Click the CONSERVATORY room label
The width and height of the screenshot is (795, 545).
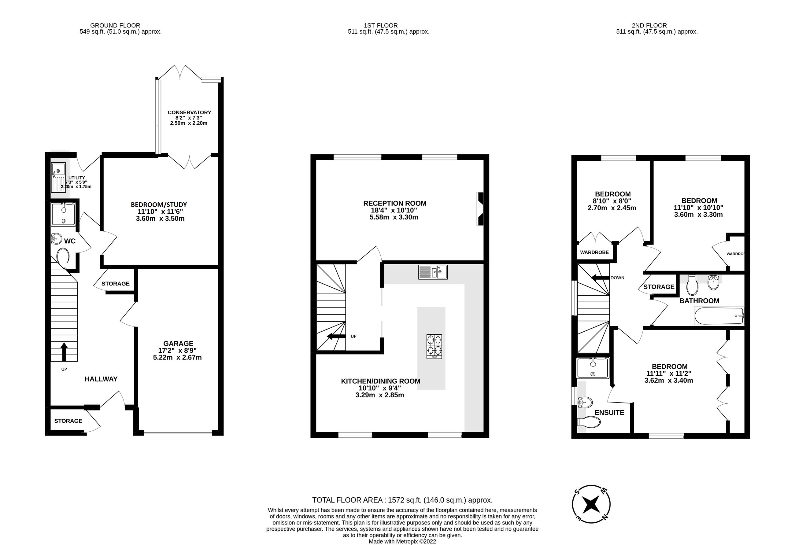tap(189, 112)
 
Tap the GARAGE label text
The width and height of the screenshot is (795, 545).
tap(178, 343)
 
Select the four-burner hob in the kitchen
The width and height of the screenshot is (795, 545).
tap(434, 346)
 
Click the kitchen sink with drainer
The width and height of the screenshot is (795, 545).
tap(433, 272)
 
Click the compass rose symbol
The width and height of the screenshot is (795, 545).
tap(591, 504)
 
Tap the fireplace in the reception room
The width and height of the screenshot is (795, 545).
tap(481, 208)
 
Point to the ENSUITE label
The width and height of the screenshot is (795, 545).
tap(609, 413)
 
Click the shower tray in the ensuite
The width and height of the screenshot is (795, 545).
tap(593, 368)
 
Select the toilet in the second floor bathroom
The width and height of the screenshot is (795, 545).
tap(692, 285)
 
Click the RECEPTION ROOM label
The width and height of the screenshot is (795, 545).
tap(395, 203)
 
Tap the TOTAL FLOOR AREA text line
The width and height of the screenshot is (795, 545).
tap(402, 500)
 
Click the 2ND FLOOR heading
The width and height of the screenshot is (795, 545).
tap(649, 25)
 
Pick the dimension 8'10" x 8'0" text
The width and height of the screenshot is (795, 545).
tap(612, 201)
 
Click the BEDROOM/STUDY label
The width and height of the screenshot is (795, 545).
tap(159, 204)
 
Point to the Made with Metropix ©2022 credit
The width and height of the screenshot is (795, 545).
tap(402, 542)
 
